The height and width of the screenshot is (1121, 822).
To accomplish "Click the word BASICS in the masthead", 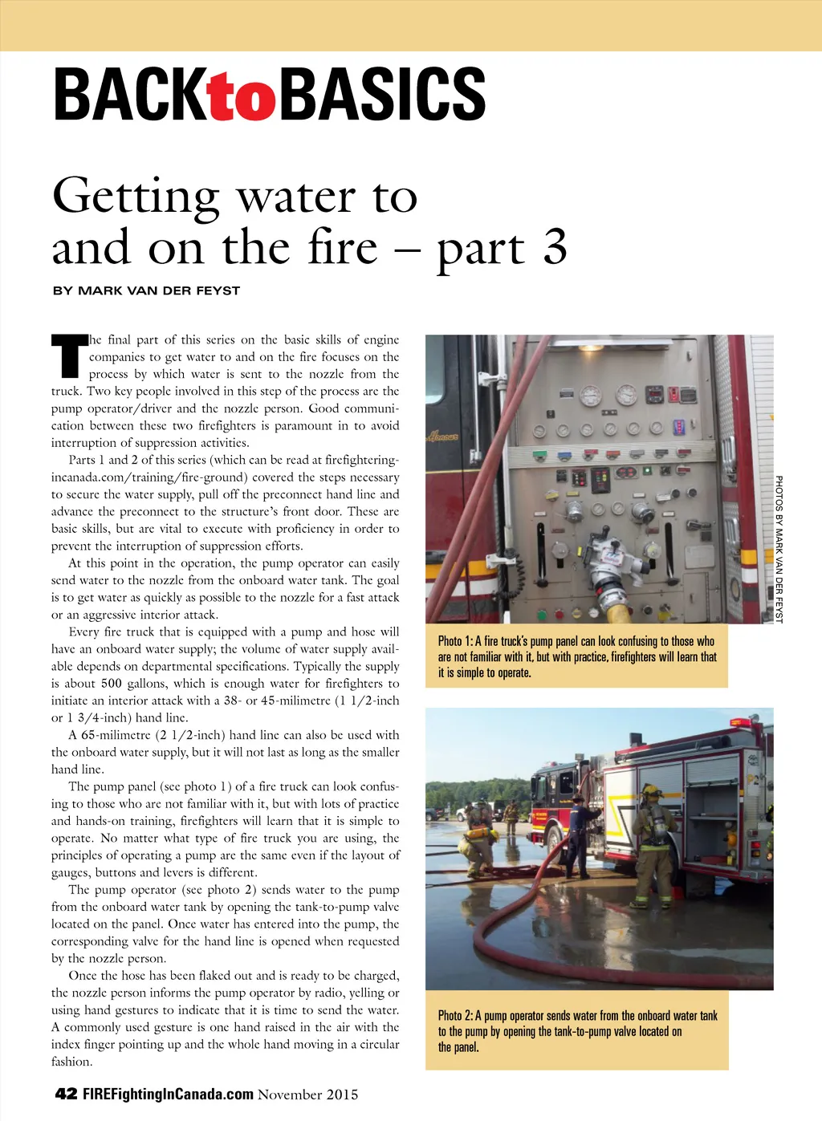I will click(382, 95).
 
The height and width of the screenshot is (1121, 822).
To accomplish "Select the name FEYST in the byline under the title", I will click(218, 290).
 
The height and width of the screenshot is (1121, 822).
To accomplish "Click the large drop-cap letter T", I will click(69, 356).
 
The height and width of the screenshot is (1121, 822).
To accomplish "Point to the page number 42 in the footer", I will click(66, 1094).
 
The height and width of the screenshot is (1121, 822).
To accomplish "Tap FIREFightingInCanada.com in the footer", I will click(168, 1095).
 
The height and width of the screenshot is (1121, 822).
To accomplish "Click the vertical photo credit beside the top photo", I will click(778, 549).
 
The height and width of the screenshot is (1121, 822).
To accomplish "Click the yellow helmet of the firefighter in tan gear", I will click(650, 792).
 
